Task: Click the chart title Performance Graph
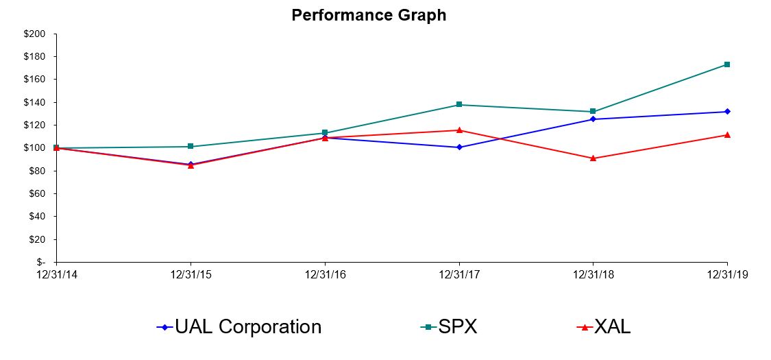(x=369, y=15)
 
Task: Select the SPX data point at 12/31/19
(x=727, y=64)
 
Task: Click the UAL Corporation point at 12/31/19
(x=727, y=112)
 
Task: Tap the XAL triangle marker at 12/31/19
(x=727, y=134)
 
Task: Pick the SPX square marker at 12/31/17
(x=459, y=105)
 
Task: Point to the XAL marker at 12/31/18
(x=593, y=158)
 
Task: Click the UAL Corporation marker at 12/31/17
(x=459, y=147)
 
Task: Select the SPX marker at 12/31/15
(x=191, y=146)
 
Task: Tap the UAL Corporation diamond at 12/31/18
(x=593, y=119)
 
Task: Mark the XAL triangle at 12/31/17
(x=459, y=130)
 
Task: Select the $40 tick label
(x=38, y=216)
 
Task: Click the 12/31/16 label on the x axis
(x=324, y=274)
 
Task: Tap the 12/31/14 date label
(x=56, y=274)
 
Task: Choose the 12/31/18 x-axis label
(x=593, y=274)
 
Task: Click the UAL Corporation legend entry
(x=239, y=327)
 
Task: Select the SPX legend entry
(x=449, y=327)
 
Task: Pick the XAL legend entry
(x=602, y=327)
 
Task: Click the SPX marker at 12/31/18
(x=593, y=111)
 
